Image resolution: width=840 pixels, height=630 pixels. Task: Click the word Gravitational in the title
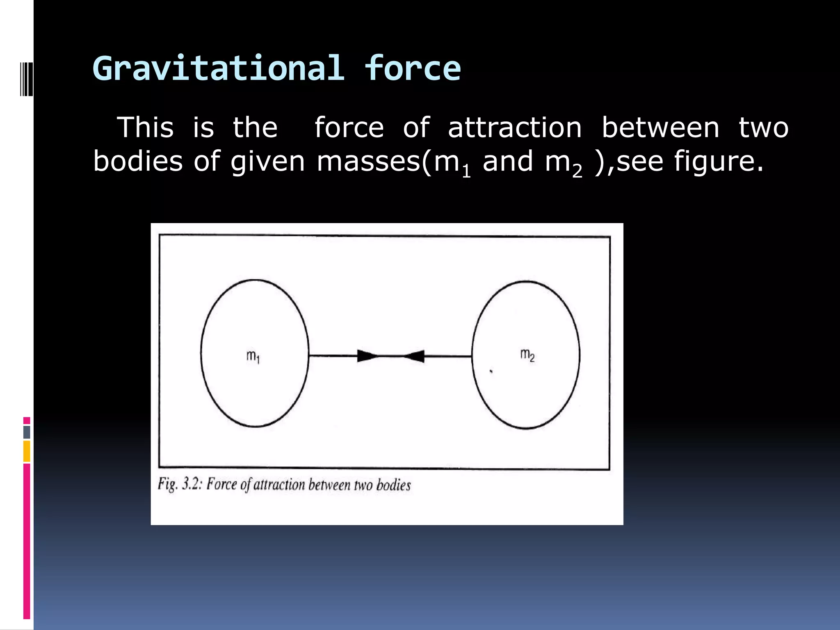[x=219, y=69]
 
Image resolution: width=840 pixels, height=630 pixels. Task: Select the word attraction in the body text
[x=515, y=128]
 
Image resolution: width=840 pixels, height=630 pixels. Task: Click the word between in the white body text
[x=660, y=127]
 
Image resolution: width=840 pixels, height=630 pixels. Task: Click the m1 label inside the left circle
[x=253, y=356]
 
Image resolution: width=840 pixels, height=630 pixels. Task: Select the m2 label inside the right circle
[x=527, y=355]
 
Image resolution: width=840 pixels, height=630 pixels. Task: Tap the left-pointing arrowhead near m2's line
[x=414, y=356]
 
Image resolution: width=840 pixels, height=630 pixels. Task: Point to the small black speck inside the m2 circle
[x=491, y=372]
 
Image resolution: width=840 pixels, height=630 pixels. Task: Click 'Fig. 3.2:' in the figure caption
[x=180, y=484]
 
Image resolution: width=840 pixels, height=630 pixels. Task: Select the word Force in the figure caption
[x=221, y=484]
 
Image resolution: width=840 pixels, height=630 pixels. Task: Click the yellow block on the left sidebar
[x=27, y=451]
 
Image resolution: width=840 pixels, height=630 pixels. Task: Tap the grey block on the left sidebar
[x=27, y=432]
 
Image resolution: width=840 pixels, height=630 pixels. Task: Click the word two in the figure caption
[x=363, y=485]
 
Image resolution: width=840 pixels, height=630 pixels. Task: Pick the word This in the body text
[x=146, y=127]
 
